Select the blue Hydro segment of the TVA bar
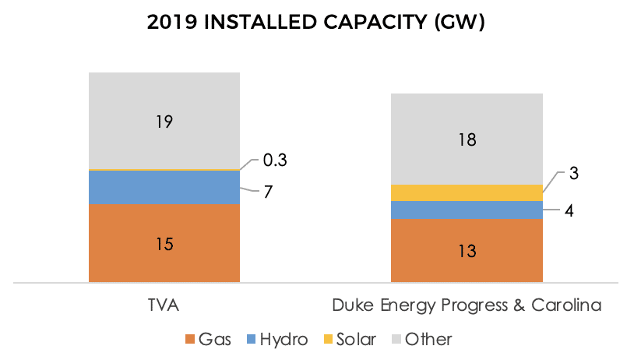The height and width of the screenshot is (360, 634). point(164,187)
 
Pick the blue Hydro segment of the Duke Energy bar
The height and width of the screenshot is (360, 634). point(466,210)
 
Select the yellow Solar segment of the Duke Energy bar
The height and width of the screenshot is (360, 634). point(466,192)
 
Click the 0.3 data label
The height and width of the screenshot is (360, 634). point(274,161)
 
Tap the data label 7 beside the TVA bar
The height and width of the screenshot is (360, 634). point(267,192)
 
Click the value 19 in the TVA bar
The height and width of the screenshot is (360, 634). point(164,122)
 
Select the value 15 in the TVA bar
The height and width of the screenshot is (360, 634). point(164,244)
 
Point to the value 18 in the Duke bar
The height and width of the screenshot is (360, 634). point(467,140)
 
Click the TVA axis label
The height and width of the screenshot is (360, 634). point(163,306)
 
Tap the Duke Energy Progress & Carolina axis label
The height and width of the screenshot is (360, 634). point(467,306)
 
